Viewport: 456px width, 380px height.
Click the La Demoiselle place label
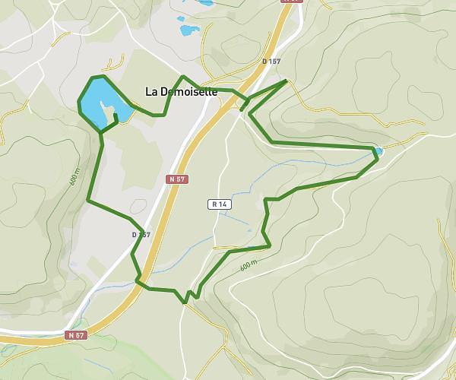coord(181,92)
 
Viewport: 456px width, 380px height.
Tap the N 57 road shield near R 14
coord(176,179)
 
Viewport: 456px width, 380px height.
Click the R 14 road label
coord(219,204)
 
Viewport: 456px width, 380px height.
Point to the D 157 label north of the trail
coord(271,61)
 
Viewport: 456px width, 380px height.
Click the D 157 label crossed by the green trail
coord(141,235)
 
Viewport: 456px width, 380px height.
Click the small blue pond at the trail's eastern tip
coord(377,152)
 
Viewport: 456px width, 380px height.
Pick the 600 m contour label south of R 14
coord(249,266)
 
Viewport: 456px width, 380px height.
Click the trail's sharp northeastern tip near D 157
coord(286,80)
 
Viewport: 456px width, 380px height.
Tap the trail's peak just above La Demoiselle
coord(182,77)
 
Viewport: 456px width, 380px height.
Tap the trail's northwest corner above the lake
coord(92,78)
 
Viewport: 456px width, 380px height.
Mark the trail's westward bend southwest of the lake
coord(89,201)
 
